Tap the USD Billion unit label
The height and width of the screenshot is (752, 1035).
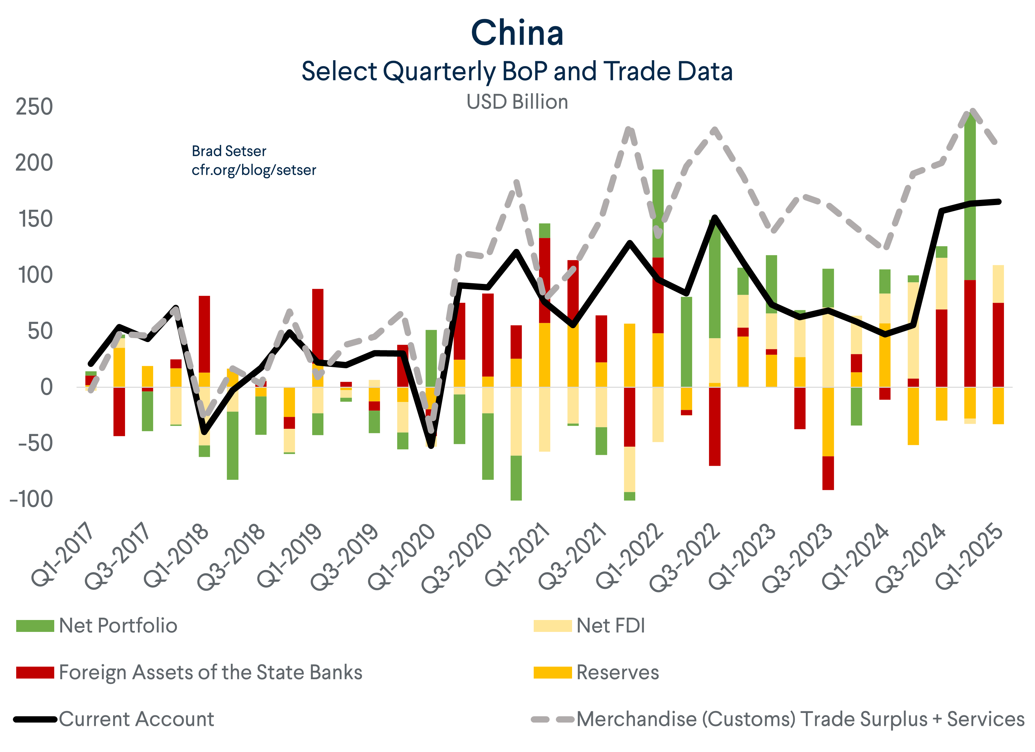click(517, 102)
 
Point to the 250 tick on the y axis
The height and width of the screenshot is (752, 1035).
click(34, 107)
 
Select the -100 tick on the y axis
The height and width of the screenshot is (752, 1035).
click(31, 499)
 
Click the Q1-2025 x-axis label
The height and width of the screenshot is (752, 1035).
click(970, 557)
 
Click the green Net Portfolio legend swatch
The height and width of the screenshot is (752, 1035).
click(35, 626)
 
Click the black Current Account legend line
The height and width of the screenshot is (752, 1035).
click(35, 720)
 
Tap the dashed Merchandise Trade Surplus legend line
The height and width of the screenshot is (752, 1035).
click(552, 720)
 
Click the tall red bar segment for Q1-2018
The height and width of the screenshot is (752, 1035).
click(204, 334)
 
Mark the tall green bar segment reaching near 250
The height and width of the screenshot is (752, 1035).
click(970, 196)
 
